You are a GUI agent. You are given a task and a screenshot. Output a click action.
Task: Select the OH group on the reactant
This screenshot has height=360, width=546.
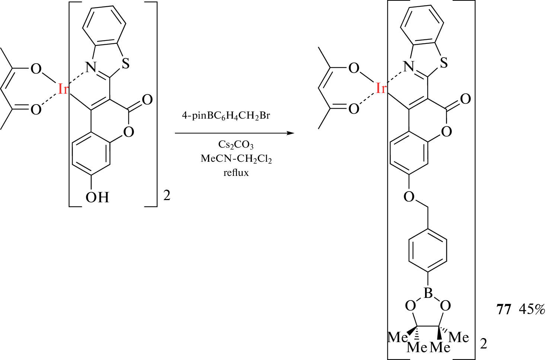(x=98, y=197)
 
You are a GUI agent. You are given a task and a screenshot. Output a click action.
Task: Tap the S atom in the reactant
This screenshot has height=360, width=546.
(x=126, y=64)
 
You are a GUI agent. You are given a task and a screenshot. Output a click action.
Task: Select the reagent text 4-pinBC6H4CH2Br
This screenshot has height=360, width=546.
(x=226, y=116)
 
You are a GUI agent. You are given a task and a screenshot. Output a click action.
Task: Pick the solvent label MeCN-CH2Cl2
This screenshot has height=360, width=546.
(x=236, y=159)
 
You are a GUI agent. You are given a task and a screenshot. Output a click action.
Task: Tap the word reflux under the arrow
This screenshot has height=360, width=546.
(x=236, y=173)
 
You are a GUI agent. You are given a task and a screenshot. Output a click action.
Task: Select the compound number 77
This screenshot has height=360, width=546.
(x=504, y=309)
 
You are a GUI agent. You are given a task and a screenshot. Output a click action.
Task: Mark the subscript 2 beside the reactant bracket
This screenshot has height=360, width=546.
(x=167, y=196)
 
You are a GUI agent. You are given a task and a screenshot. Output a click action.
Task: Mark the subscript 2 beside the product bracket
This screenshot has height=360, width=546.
(x=483, y=344)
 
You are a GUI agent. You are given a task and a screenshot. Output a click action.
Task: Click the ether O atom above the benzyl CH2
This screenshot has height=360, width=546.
(x=409, y=196)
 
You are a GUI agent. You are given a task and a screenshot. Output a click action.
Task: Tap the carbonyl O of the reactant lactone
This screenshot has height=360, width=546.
(x=147, y=100)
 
